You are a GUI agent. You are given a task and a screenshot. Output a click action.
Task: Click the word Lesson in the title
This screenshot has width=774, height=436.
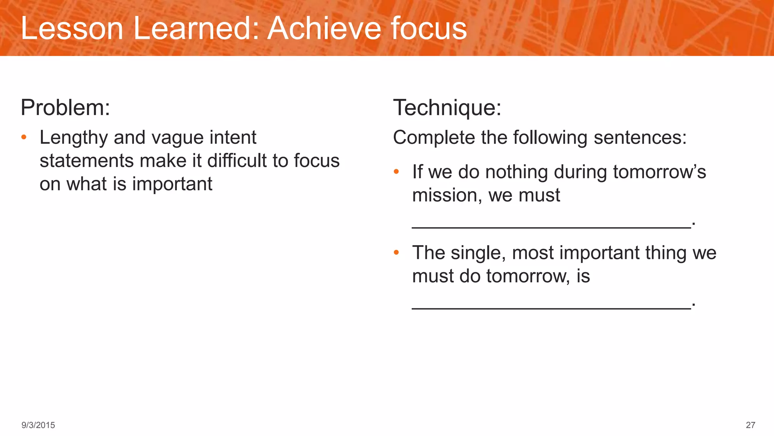tap(72, 28)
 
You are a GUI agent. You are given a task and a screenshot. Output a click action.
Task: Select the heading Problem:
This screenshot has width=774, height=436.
tap(65, 108)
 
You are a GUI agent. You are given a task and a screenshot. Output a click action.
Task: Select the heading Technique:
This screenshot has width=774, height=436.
tap(447, 108)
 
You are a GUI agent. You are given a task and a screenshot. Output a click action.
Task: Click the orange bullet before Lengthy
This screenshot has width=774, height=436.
tap(24, 137)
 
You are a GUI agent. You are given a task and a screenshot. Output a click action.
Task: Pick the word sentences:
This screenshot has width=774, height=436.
tap(640, 138)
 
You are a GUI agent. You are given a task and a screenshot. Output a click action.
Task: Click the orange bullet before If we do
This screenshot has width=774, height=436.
tap(396, 172)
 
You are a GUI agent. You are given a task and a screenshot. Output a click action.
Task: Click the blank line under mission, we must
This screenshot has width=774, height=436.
tap(551, 226)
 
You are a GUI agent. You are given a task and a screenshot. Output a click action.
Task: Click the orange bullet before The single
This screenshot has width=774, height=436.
tap(396, 252)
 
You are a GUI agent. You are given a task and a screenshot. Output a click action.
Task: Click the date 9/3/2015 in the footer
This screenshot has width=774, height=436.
tap(38, 425)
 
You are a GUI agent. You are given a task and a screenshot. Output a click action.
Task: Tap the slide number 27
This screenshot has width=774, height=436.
tap(750, 425)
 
